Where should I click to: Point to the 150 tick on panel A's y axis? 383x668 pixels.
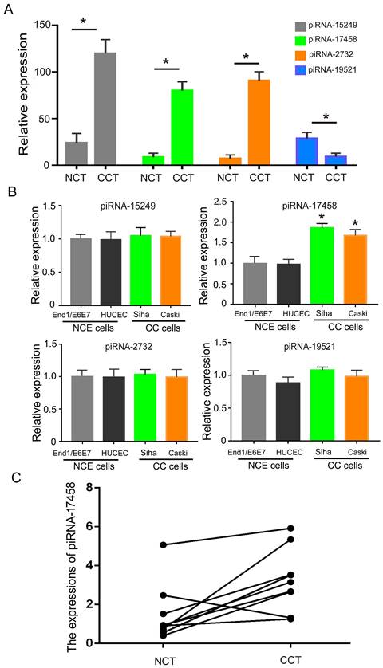[x=51, y=26]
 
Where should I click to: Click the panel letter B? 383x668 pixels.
[x=9, y=191]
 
